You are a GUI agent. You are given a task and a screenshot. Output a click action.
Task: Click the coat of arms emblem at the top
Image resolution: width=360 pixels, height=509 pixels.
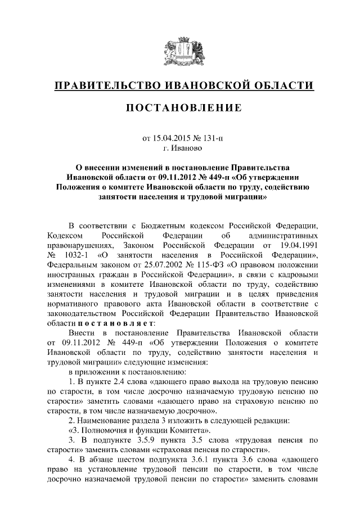coord(180,52)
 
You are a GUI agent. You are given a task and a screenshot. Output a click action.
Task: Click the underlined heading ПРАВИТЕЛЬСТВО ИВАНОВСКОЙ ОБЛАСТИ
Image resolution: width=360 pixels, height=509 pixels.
coord(180,85)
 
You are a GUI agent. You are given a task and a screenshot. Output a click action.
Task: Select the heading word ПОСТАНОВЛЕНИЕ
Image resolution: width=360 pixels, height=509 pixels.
coord(180,107)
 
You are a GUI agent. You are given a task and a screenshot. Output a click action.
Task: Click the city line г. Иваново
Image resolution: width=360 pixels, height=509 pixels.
coord(180,148)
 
